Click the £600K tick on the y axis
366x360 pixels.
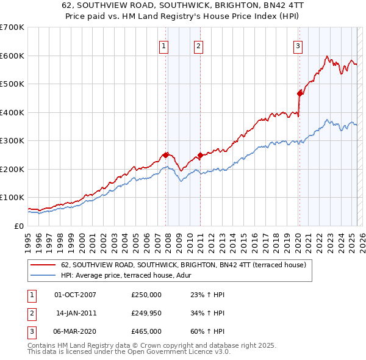tap(12, 56)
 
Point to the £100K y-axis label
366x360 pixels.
tap(12, 197)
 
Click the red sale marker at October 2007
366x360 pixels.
tap(165, 155)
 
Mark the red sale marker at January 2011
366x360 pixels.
tap(201, 155)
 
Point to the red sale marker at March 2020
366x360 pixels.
tap(300, 93)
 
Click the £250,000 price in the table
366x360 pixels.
tap(146, 295)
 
